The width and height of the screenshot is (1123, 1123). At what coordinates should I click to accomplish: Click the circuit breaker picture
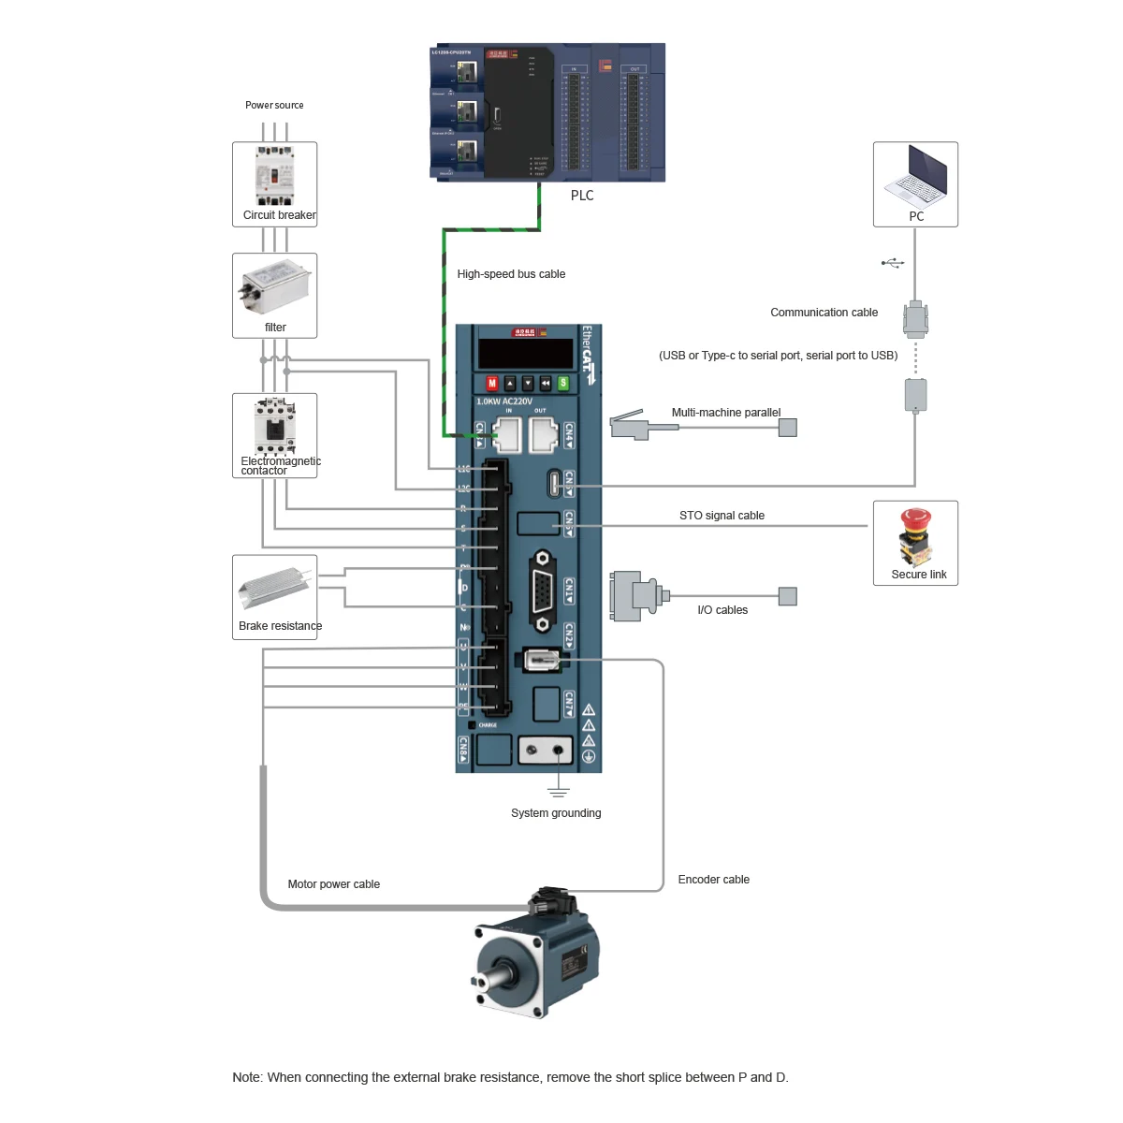[274, 175]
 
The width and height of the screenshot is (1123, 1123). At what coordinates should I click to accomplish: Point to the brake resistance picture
[274, 587]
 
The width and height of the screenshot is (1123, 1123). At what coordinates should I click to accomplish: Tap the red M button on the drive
[492, 383]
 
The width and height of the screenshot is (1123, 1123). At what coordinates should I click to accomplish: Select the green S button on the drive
[563, 383]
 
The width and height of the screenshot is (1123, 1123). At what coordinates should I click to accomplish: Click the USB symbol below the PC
[893, 263]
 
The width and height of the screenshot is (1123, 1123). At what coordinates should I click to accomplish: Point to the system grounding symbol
[559, 792]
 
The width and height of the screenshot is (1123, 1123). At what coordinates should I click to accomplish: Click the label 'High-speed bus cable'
[511, 274]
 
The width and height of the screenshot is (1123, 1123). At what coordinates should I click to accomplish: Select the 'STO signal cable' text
[722, 516]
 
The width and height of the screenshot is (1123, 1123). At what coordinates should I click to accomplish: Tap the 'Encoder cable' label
[713, 880]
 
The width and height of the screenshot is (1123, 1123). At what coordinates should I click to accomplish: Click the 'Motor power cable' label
[333, 884]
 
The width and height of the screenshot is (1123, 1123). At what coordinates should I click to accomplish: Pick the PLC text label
[582, 196]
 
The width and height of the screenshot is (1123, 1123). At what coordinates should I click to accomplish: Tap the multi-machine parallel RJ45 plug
[631, 426]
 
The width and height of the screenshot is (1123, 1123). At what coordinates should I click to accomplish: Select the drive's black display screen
[525, 354]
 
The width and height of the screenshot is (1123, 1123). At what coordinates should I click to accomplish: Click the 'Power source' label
[274, 106]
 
